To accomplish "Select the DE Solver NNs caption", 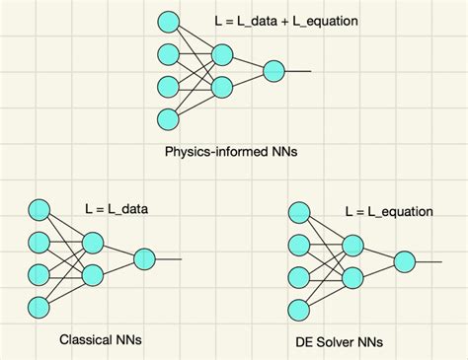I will coord(340,342).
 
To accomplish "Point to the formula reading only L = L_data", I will coord(117,209).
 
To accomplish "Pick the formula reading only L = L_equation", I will coord(389,211).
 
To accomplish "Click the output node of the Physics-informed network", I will coord(273,71).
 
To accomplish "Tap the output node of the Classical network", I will coord(144,259).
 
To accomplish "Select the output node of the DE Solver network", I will coord(404,261).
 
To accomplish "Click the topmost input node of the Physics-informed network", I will coord(168,21).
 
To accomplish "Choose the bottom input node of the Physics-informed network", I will coord(168,119).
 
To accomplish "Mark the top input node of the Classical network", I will coord(39,209).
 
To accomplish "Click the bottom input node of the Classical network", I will coord(39,307).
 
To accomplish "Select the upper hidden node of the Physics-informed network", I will coord(220,53).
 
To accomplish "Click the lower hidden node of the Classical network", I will coord(92,274).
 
